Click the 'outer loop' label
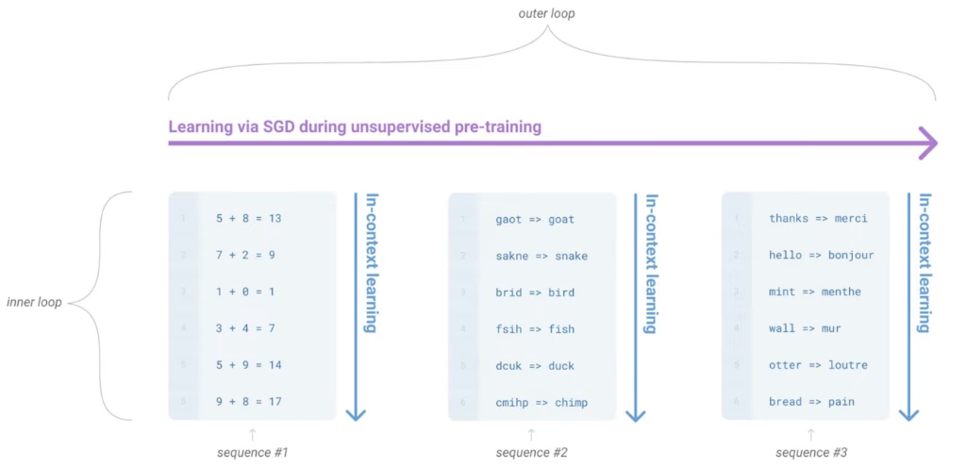(546, 13)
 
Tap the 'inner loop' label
(34, 303)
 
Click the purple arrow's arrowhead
(928, 143)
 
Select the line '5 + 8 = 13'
(249, 218)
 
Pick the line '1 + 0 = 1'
(245, 292)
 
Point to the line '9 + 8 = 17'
(249, 402)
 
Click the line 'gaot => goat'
(535, 219)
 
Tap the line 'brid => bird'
(535, 292)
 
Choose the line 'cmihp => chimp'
(541, 402)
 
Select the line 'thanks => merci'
(818, 218)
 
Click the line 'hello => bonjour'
(822, 255)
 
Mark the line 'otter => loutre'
(818, 365)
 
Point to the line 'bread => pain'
(811, 402)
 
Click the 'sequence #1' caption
(253, 453)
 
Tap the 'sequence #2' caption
(532, 453)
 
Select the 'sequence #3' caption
(811, 453)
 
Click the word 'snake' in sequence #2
(571, 256)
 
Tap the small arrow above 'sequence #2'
(531, 435)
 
